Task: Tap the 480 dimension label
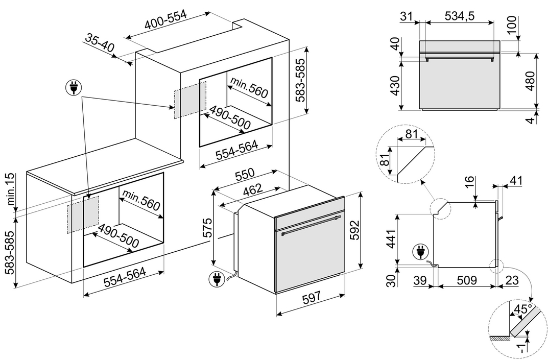point(529,80)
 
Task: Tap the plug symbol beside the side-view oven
point(421,251)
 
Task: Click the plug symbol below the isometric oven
point(216,279)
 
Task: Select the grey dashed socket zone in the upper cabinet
point(190,99)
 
